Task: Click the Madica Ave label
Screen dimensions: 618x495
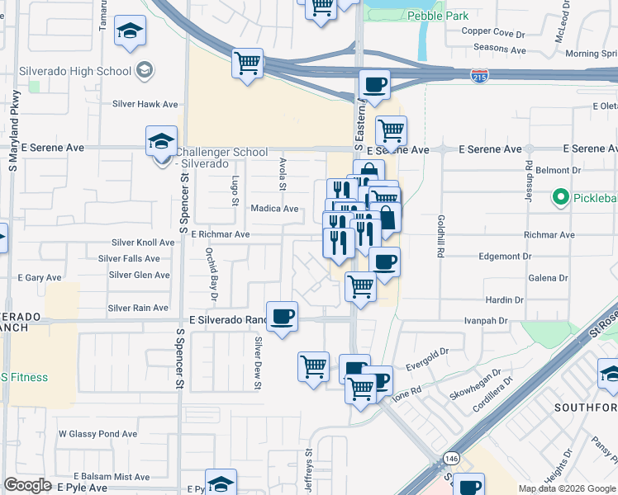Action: [273, 210]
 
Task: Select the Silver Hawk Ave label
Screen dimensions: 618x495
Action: [145, 105]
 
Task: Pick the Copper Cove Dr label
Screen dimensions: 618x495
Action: [493, 33]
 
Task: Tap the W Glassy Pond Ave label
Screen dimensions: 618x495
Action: [97, 434]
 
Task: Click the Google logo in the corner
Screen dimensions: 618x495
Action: [27, 485]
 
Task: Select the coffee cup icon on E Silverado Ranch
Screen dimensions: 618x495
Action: [282, 316]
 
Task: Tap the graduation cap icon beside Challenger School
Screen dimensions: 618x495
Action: [162, 141]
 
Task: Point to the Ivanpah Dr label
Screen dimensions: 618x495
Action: [487, 318]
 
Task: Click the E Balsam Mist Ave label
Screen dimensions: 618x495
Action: [111, 477]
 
